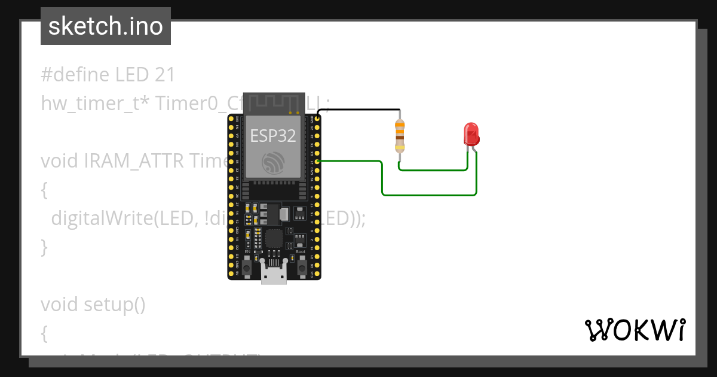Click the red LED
[471, 133]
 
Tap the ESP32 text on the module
[273, 135]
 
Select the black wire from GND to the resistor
[358, 110]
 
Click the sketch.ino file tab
[106, 26]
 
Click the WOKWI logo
[634, 330]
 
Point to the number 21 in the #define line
[164, 75]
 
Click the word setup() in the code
[114, 304]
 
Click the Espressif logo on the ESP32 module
[274, 162]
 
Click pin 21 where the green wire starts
[318, 162]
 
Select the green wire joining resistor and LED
[433, 170]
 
